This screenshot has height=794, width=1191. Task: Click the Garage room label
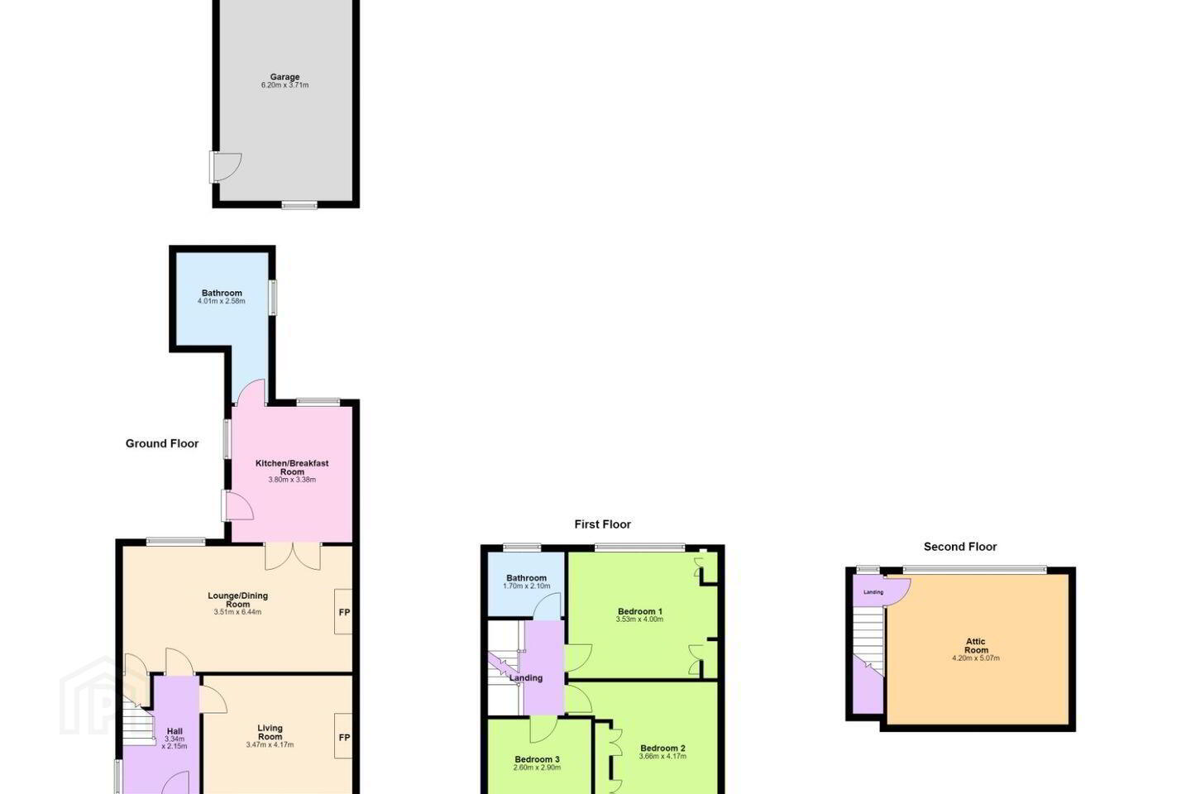[x=285, y=77]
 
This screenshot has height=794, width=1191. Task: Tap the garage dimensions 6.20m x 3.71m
[x=285, y=85]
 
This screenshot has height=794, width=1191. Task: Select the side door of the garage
[x=226, y=167]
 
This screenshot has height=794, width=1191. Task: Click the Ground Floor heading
[x=161, y=443]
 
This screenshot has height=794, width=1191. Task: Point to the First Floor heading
[x=602, y=524]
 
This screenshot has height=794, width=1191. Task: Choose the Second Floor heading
[x=959, y=547]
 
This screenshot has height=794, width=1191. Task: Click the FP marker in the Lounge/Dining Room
[x=344, y=612]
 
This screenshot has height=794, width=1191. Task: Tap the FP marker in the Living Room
[x=344, y=737]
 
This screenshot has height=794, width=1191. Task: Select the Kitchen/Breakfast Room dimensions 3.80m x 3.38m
[x=292, y=480]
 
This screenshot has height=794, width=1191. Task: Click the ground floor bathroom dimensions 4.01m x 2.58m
[x=221, y=301]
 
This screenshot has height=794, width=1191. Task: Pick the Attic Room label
[x=976, y=646]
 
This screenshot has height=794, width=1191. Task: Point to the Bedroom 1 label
[x=639, y=611]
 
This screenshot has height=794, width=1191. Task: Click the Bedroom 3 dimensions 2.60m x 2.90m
[x=537, y=768]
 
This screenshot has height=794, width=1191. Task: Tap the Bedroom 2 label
[x=662, y=748]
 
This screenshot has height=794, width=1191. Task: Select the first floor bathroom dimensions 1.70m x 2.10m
[x=526, y=586]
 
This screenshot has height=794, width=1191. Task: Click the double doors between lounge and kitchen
[x=293, y=556]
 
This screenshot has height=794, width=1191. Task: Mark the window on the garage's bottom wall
[x=299, y=205]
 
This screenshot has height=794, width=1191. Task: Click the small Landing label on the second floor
[x=873, y=592]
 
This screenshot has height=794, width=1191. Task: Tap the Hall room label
[x=175, y=731]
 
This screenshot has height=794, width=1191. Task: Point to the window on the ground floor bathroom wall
[x=272, y=297]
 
